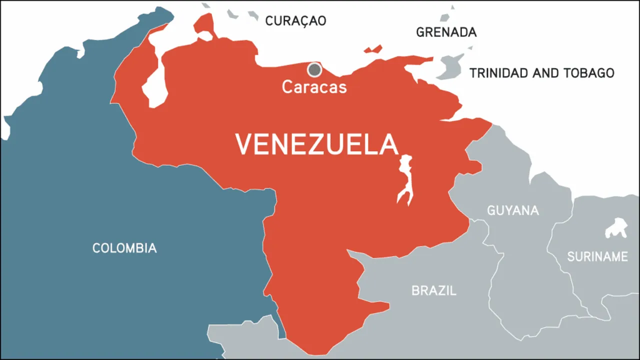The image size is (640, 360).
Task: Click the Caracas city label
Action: coord(314,86)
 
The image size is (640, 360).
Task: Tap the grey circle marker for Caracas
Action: coord(314,69)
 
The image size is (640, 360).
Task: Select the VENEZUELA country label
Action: coord(316,144)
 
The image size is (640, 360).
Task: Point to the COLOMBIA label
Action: coord(124,247)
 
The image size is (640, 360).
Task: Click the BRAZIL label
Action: coord(433,290)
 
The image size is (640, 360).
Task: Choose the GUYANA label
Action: coord(513,210)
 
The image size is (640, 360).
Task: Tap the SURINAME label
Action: coord(597,257)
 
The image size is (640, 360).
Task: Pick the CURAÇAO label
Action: coord(295,20)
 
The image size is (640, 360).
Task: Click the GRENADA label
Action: coord(446,32)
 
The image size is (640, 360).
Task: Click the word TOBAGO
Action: coord(588,73)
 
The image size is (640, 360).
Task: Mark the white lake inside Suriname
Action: coord(616,228)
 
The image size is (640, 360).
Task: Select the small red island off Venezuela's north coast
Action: coord(373,49)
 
